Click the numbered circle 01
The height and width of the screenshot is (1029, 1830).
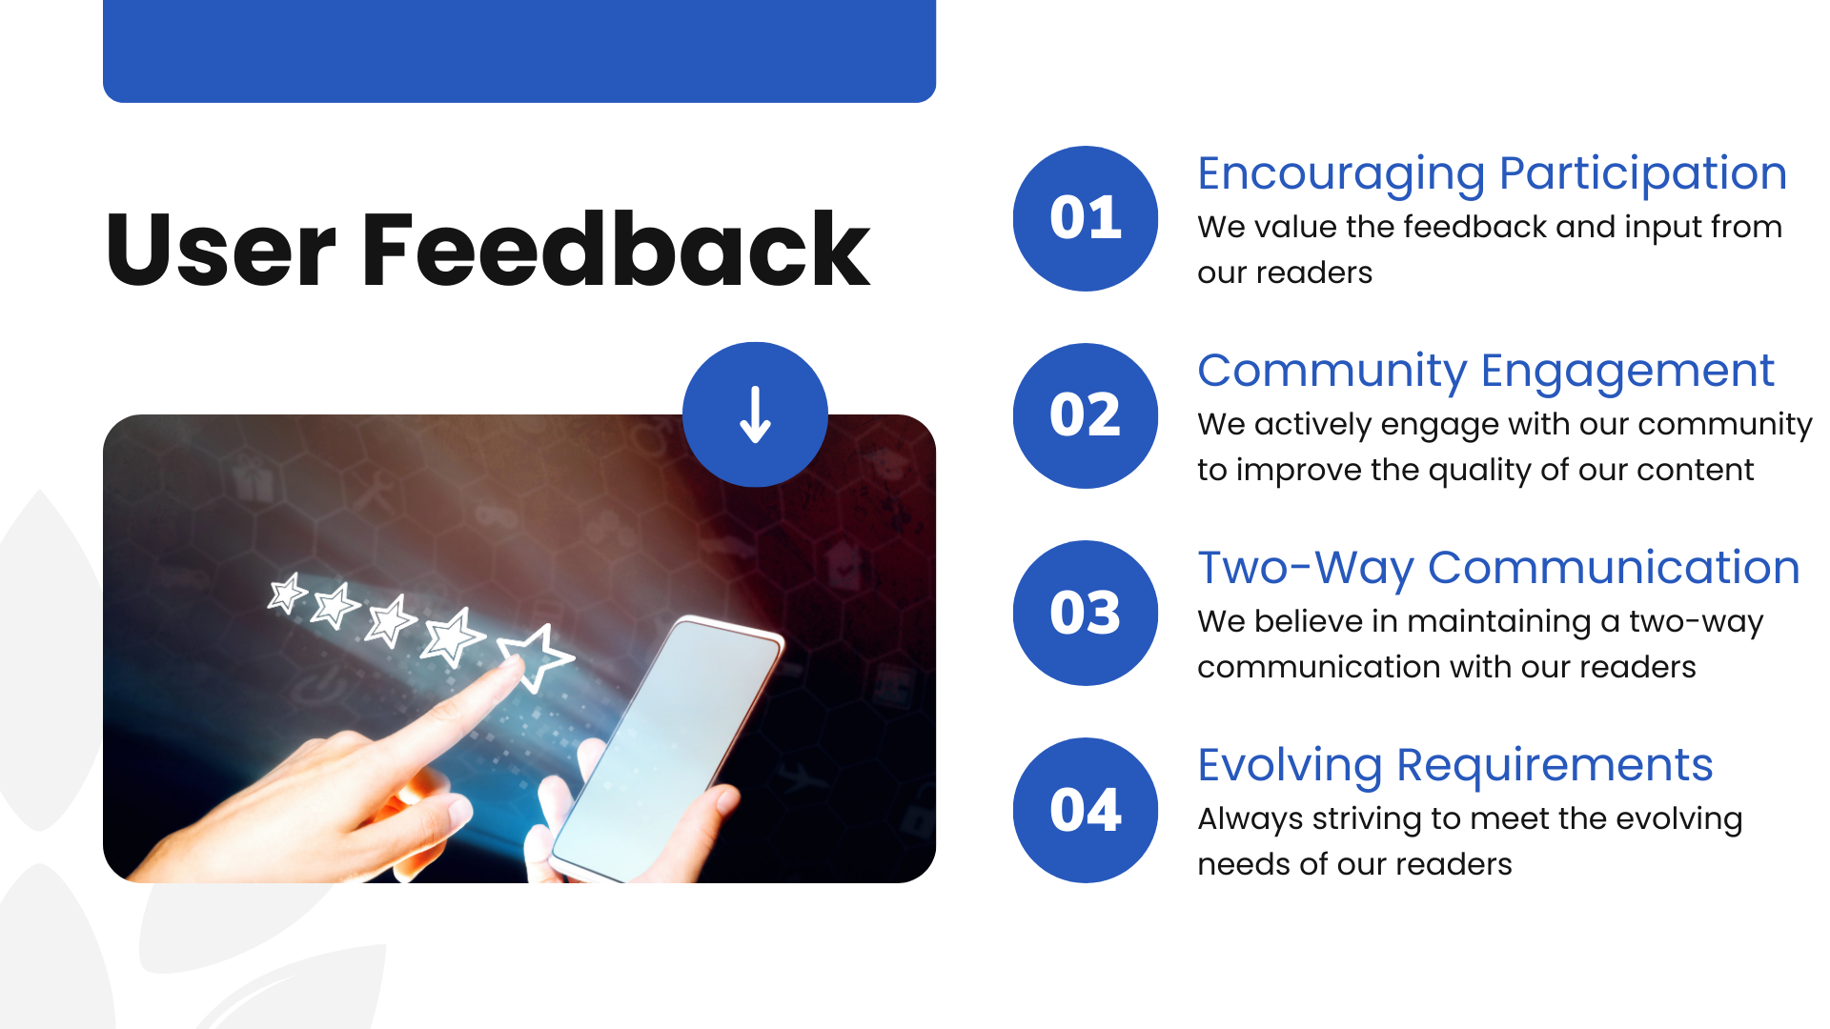[x=1085, y=218]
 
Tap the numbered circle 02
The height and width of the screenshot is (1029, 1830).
[x=1085, y=415]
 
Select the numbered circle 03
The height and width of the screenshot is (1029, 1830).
[x=1085, y=613]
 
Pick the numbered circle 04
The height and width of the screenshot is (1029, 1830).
[x=1085, y=810]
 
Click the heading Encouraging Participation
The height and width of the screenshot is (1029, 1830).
[x=1491, y=174]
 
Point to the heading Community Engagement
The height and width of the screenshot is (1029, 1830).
[x=1485, y=372]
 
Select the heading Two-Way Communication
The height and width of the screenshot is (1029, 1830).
[x=1497, y=569]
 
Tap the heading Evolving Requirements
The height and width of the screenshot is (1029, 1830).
[x=1454, y=765]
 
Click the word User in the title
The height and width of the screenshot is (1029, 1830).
[x=221, y=250]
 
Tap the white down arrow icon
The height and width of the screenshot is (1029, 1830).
[x=755, y=414]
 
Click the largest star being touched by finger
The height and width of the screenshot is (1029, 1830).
[x=536, y=656]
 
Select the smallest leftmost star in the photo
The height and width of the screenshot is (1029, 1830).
[x=286, y=594]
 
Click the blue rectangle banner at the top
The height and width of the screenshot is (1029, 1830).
[x=519, y=50]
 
